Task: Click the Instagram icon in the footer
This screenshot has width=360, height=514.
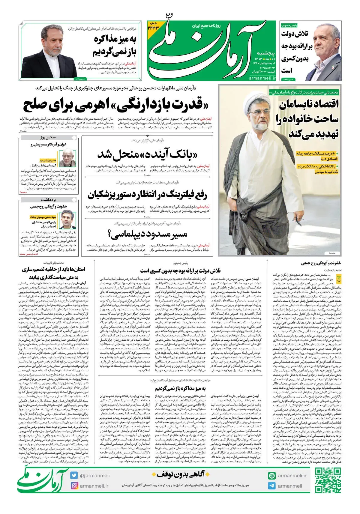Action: (x=74, y=486)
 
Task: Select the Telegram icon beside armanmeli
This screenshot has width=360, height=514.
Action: (x=272, y=486)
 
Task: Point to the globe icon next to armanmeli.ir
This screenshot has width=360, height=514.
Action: (x=272, y=475)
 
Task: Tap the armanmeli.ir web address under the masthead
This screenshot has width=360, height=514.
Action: (x=262, y=78)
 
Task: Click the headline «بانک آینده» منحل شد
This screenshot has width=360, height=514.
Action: (x=148, y=155)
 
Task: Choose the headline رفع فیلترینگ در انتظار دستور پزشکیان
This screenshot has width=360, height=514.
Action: (x=147, y=195)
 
